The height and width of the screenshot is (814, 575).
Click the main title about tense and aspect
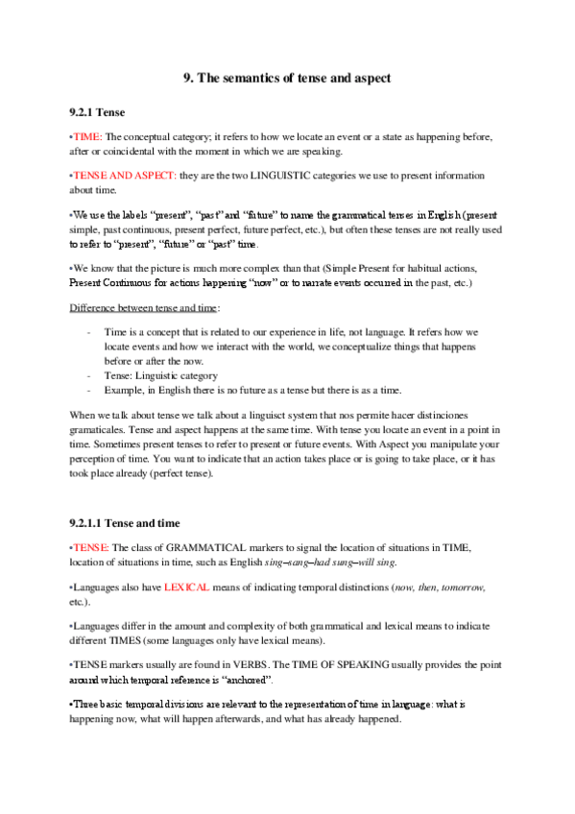[287, 79]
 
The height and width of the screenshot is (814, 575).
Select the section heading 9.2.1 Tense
[99, 111]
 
